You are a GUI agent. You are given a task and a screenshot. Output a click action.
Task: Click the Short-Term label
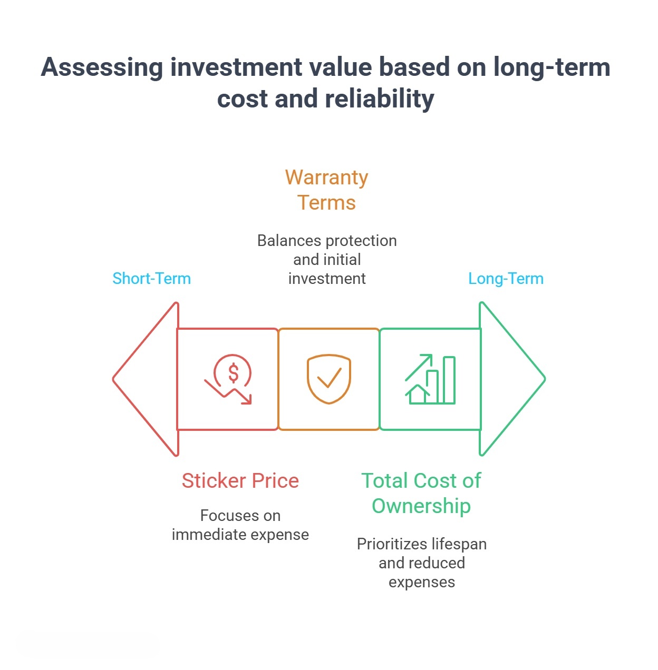pos(151,278)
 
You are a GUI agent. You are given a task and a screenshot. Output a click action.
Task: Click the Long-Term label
pos(506,278)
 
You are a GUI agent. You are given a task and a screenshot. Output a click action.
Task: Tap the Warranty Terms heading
pos(326,190)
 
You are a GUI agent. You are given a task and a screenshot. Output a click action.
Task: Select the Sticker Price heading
pos(240,480)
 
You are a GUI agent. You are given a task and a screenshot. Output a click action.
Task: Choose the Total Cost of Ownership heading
pos(421,493)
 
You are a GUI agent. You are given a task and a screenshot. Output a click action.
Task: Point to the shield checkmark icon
pos(329,379)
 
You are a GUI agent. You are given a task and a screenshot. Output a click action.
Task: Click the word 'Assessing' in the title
pos(102,67)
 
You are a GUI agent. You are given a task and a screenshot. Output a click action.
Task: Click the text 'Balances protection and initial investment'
pos(327,259)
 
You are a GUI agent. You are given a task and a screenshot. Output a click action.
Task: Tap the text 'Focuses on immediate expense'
pos(240,525)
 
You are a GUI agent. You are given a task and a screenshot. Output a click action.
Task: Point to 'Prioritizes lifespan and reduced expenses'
pos(422,563)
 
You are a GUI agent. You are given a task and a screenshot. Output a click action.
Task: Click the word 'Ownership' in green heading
pos(421,506)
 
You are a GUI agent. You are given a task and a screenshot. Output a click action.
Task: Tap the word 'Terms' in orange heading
pos(326,203)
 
